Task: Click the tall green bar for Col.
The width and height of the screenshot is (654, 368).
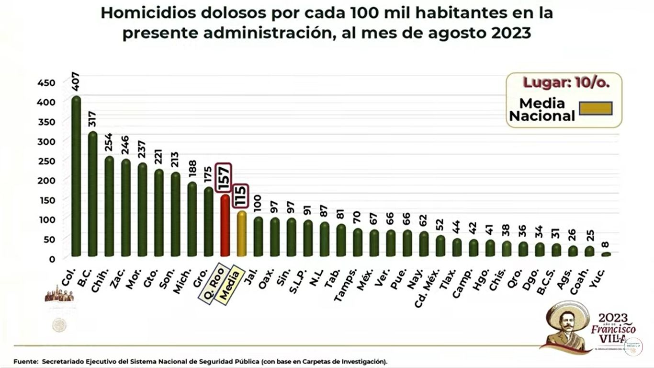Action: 76,177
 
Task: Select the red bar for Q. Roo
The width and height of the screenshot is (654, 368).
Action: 225,225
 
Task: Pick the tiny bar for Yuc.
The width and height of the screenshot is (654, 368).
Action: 606,254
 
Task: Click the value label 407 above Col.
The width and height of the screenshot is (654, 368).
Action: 76,81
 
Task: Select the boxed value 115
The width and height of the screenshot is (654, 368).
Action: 241,196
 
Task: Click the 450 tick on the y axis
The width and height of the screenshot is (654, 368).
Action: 46,82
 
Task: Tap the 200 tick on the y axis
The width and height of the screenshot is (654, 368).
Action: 46,180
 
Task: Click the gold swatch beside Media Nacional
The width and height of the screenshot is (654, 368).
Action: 596,108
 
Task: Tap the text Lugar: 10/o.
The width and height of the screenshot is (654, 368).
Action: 565,82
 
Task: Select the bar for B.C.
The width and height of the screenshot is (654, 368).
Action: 92,194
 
